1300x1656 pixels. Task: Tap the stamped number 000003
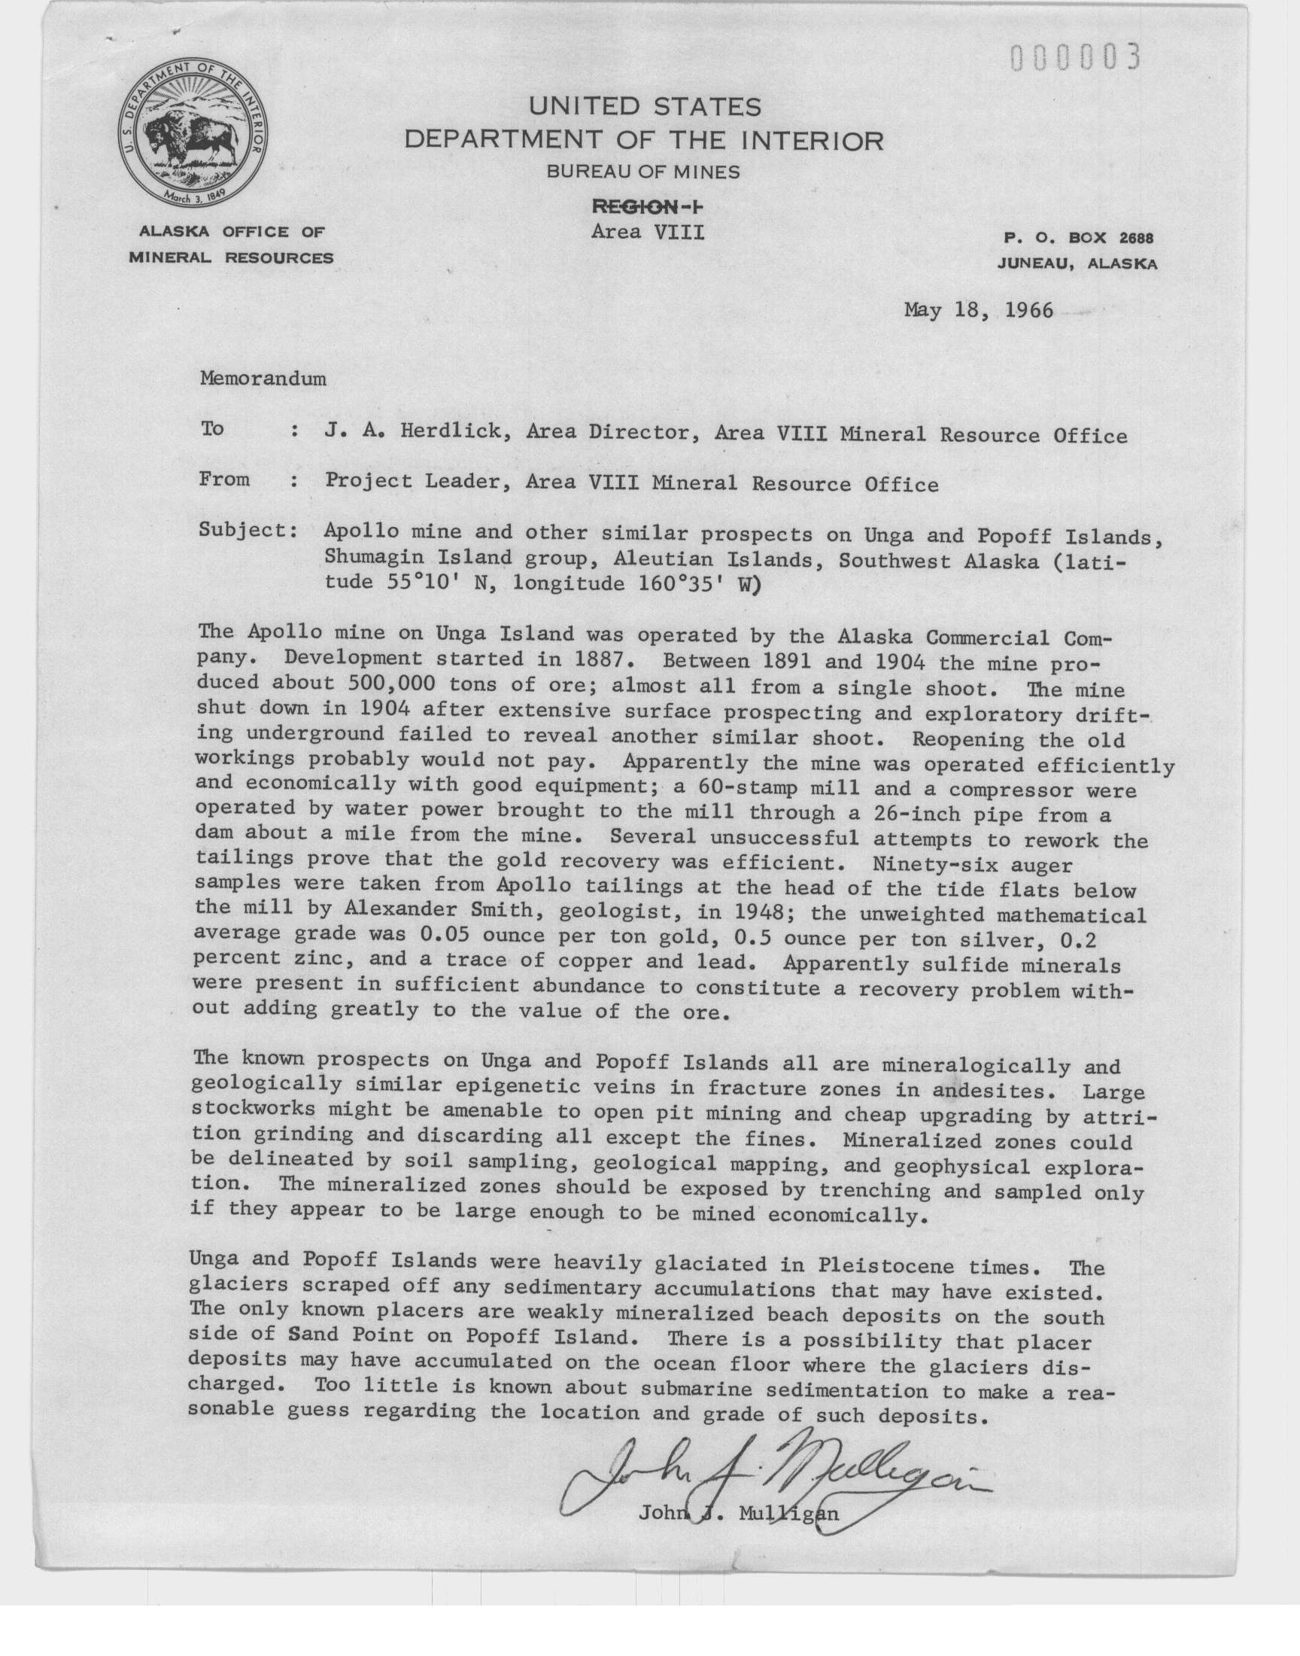(1076, 57)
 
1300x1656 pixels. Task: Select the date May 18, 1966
(978, 310)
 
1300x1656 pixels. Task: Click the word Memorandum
(263, 379)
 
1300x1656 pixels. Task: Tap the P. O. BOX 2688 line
(1078, 239)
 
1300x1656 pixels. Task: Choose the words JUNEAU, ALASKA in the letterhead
(1078, 264)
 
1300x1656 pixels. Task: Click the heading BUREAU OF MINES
(643, 172)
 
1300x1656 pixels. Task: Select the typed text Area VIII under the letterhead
(647, 230)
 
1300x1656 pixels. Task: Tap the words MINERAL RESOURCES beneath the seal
(231, 257)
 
